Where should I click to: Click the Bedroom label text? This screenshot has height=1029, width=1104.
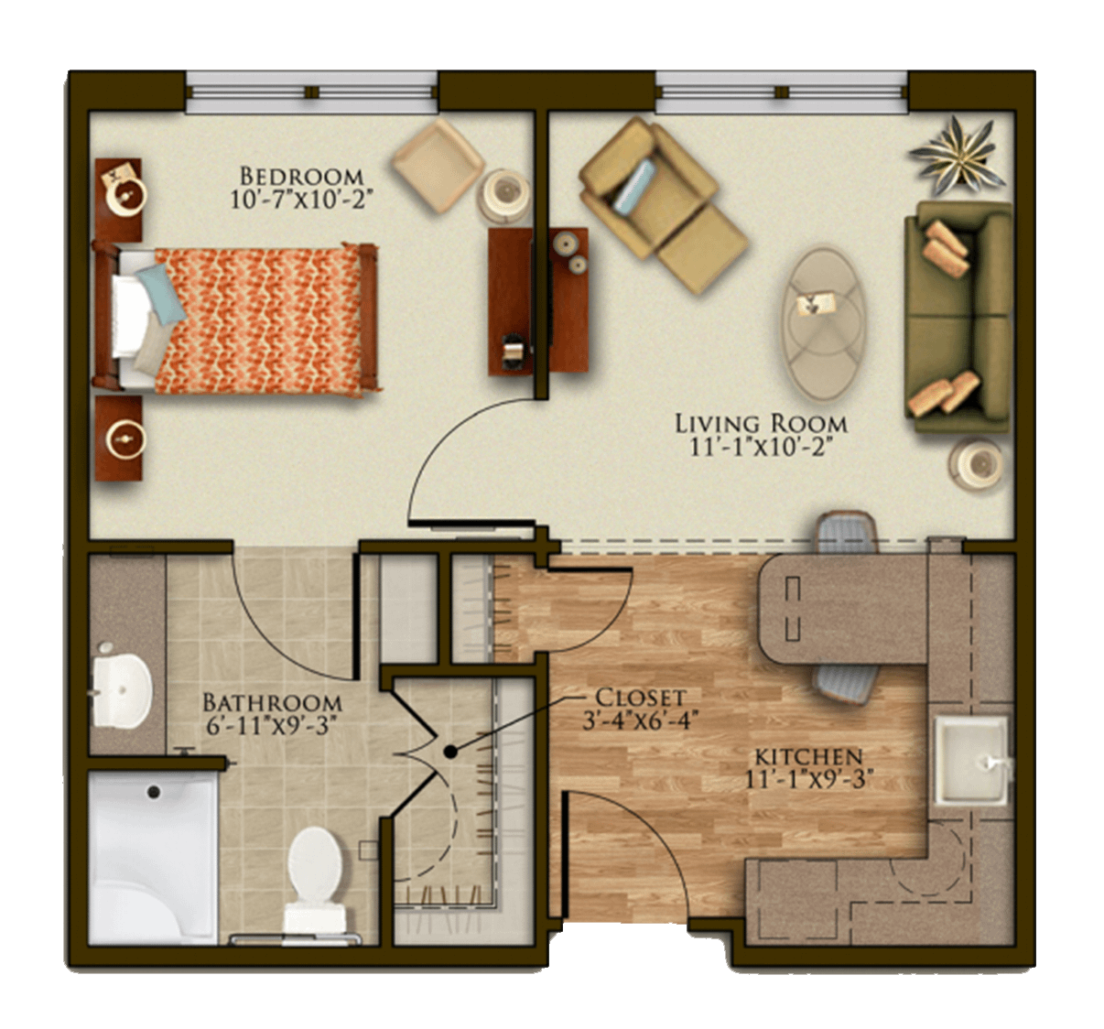click(x=301, y=177)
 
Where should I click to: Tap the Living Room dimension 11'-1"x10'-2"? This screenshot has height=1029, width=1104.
click(x=761, y=447)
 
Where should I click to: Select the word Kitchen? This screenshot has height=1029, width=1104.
click(x=809, y=756)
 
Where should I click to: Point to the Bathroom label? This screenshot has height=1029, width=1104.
click(x=273, y=703)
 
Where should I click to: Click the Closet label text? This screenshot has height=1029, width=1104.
click(x=641, y=697)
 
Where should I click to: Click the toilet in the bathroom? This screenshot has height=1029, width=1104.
click(x=315, y=885)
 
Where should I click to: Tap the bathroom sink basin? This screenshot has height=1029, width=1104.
click(x=122, y=688)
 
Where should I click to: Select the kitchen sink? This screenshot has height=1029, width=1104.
click(x=971, y=761)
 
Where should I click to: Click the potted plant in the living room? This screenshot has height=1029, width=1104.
click(x=958, y=155)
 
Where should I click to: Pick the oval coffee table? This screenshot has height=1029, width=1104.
click(x=824, y=324)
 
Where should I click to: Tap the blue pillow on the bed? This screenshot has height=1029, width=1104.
click(x=161, y=293)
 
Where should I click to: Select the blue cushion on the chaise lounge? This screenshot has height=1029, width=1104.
click(x=633, y=185)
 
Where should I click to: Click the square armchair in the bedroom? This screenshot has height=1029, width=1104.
click(x=438, y=165)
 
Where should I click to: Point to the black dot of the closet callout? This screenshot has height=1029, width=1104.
click(x=450, y=752)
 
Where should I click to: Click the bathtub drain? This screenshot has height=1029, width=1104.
click(x=154, y=792)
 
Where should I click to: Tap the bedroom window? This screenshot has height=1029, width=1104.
click(x=311, y=92)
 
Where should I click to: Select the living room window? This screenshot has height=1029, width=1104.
click(x=782, y=92)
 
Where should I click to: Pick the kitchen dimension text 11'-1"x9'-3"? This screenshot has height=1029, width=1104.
click(x=807, y=779)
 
